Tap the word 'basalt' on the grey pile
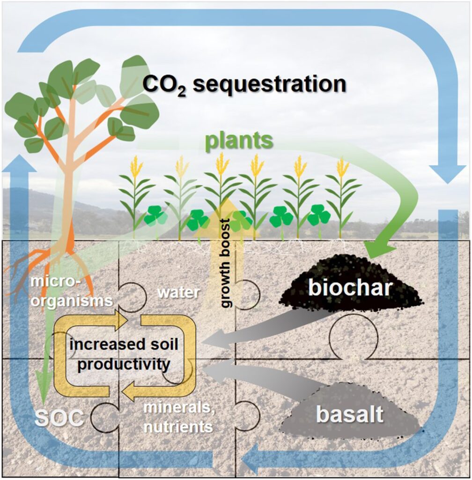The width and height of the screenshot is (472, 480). (x=356, y=414)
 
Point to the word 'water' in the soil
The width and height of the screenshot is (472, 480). (x=178, y=293)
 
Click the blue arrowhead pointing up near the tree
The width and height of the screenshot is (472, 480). (x=19, y=166)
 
